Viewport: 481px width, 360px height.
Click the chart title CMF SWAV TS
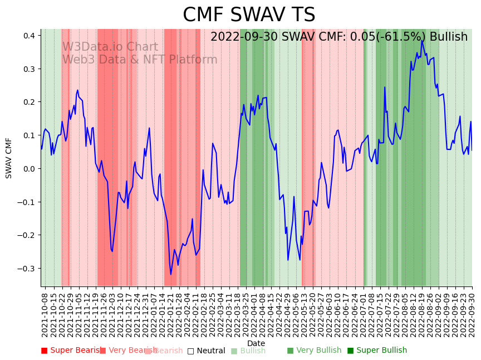coord(249,15)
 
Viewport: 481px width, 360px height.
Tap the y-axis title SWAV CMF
coord(9,158)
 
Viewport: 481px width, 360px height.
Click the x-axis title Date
coord(256,343)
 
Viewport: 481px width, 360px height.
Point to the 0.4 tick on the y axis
coord(29,36)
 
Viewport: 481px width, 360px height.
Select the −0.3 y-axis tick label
coord(27,269)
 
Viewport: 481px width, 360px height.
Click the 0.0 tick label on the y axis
coord(29,169)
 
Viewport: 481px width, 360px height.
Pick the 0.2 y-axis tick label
coord(29,102)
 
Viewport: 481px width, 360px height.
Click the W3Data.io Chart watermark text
coord(110,47)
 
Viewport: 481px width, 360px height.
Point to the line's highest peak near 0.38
coord(422,40)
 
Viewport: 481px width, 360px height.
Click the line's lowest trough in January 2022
coord(171,274)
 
